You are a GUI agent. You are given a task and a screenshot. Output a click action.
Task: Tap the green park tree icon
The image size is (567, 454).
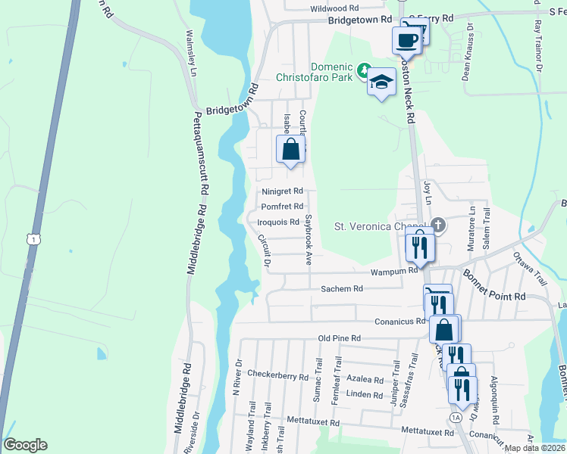(x=364, y=73)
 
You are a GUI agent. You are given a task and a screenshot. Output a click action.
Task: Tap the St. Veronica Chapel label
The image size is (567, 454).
(x=381, y=225)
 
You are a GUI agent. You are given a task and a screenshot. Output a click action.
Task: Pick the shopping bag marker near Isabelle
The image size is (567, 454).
(x=290, y=149)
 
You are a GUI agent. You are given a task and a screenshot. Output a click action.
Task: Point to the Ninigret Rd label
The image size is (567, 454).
(x=282, y=191)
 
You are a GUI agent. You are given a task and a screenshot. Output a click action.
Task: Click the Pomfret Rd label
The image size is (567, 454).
(x=282, y=206)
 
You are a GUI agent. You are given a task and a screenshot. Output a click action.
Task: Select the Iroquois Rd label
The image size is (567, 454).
(x=278, y=222)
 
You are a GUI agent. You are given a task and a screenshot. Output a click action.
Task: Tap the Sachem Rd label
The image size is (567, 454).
(x=342, y=288)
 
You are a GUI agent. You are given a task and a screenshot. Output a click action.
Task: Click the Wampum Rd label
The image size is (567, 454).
(x=394, y=270)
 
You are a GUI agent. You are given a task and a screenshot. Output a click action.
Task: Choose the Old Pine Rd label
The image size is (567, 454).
(x=340, y=338)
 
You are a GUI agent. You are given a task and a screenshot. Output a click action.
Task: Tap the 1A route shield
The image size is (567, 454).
(x=455, y=417)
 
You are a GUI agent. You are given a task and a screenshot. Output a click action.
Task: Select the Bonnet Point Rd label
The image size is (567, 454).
(x=494, y=288)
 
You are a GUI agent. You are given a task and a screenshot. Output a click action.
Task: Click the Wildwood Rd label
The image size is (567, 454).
(x=334, y=8)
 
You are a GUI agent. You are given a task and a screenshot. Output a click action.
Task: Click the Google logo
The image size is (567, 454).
(x=26, y=445)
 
